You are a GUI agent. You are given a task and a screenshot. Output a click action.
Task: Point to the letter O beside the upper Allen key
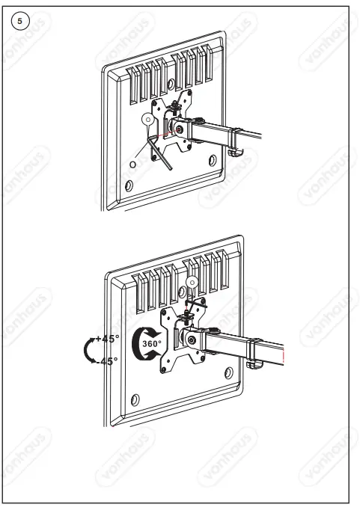[132, 164]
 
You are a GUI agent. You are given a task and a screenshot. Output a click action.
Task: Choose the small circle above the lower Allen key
[192, 283]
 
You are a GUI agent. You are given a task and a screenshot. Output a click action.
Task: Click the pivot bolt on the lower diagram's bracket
[193, 340]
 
